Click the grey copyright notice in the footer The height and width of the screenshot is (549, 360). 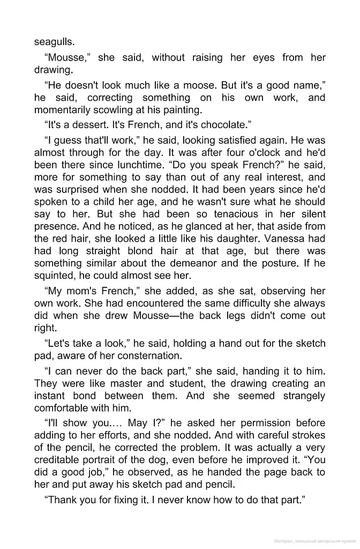(314, 541)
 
